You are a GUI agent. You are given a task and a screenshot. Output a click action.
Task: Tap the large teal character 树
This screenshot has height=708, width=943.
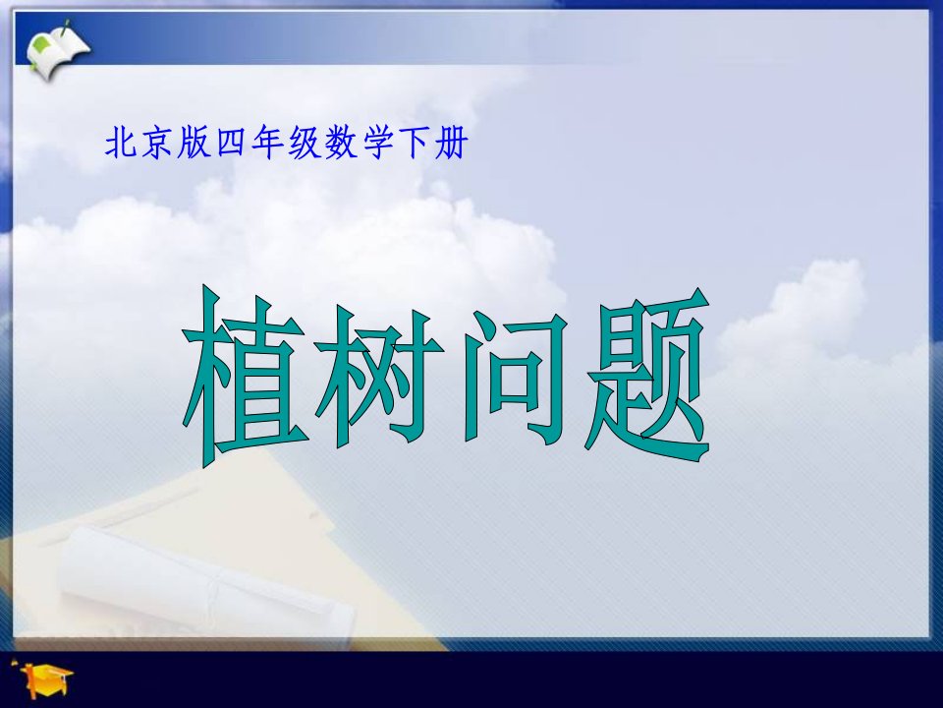379,377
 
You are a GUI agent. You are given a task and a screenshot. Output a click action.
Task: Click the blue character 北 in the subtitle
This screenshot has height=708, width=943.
120,144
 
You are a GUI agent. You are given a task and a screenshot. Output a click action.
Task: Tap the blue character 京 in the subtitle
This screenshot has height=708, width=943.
157,144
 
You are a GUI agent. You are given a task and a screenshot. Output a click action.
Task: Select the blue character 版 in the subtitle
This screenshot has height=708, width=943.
194,144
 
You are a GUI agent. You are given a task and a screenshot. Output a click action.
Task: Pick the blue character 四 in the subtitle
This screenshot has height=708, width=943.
230,144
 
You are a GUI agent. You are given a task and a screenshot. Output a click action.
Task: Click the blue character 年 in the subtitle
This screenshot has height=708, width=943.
267,144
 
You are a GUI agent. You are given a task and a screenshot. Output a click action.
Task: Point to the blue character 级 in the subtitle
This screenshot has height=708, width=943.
305,144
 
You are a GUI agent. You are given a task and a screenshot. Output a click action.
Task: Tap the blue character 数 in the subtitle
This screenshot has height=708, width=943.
341,144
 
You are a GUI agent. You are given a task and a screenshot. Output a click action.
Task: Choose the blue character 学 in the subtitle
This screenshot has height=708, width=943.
377,144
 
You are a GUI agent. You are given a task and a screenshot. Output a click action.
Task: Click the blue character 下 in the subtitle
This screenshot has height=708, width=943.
415,144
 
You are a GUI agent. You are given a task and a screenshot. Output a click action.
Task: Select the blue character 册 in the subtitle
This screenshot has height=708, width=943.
451,144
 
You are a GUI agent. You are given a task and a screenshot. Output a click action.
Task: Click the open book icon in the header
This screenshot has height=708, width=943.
58,50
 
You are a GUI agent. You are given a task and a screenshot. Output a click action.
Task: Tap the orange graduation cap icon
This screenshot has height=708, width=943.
45,678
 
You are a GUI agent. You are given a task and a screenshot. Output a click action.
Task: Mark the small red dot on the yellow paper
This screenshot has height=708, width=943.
312,515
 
